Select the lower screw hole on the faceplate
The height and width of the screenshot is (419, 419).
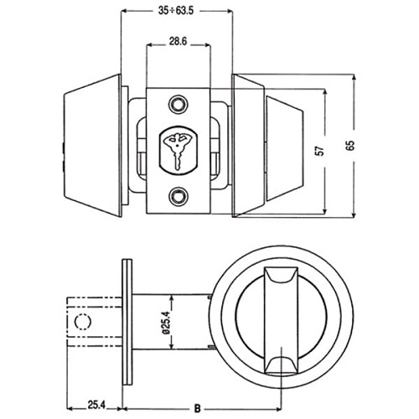click(177, 197)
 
